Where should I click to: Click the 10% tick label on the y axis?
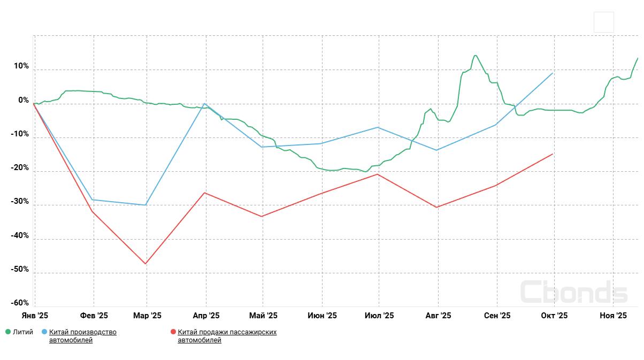tap(21, 66)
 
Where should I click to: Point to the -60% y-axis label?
tap(20, 303)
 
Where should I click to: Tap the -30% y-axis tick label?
tap(20, 202)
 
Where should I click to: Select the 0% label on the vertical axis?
tap(24, 101)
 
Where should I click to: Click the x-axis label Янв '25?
tap(35, 316)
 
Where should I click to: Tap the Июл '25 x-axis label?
tap(379, 316)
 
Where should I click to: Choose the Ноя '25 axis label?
tap(613, 316)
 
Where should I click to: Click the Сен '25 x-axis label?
tap(497, 316)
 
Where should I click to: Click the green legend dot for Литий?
tap(8, 332)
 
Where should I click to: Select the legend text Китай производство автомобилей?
tap(82, 336)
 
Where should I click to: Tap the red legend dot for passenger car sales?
tap(173, 332)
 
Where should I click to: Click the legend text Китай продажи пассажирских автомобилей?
tap(227, 336)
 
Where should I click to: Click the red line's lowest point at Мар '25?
tap(145, 264)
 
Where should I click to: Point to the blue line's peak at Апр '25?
tap(205, 104)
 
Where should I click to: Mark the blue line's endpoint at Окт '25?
tap(553, 73)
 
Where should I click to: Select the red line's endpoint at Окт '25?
tap(553, 154)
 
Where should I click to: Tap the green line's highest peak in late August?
tap(475, 55)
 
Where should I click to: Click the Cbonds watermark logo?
tap(573, 292)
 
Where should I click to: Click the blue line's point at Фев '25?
tap(93, 200)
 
